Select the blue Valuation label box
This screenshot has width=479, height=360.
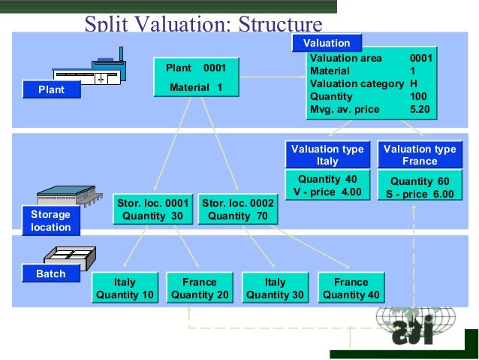(327, 43)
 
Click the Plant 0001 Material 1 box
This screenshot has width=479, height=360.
(196, 77)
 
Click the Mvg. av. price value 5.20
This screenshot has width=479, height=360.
(420, 110)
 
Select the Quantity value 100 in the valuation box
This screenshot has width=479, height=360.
(418, 96)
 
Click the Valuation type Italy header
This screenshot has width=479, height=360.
(327, 155)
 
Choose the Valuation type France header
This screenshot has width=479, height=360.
(420, 155)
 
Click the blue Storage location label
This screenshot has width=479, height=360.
(51, 221)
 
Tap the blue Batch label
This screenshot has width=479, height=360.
(51, 274)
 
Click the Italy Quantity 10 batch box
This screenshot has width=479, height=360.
(125, 289)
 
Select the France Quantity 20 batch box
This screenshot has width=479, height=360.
(200, 289)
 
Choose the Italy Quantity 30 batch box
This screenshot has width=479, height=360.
(276, 289)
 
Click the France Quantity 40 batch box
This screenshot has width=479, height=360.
(351, 289)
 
